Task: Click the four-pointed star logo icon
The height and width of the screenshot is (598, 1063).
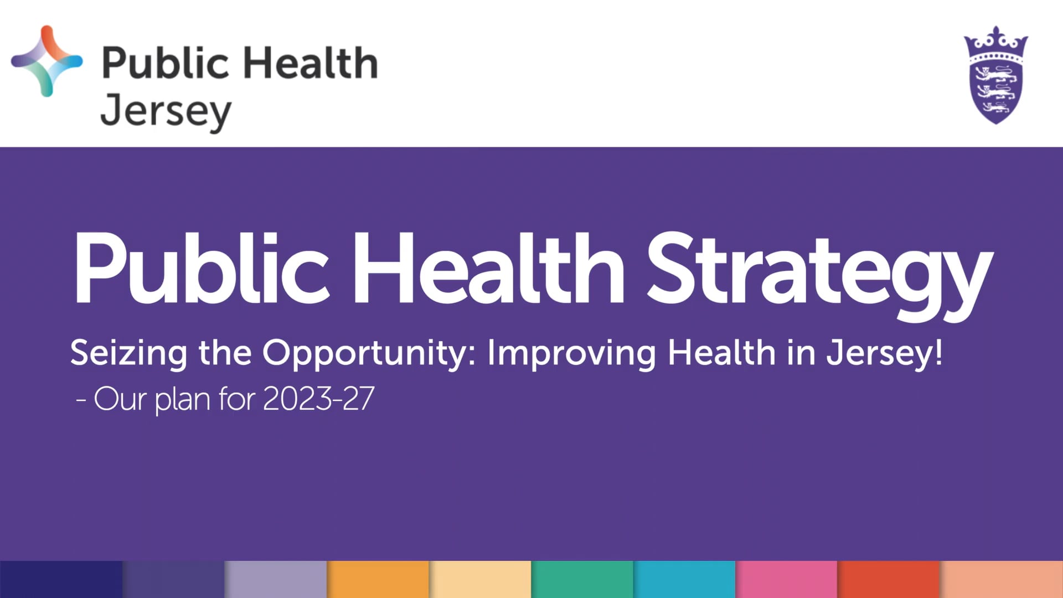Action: tap(47, 61)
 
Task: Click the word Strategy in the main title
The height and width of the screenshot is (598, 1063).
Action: tap(819, 271)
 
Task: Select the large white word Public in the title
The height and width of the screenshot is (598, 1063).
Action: tap(202, 269)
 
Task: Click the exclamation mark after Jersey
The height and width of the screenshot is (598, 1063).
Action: tap(938, 352)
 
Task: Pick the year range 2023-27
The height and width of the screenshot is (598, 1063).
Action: tap(318, 399)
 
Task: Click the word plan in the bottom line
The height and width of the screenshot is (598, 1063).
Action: tap(182, 400)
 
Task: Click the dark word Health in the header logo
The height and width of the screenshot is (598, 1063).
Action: tap(311, 63)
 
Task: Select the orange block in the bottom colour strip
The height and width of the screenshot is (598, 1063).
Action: tap(378, 579)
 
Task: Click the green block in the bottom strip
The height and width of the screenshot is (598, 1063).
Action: tap(582, 579)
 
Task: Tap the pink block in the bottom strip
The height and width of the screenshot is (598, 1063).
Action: tap(786, 579)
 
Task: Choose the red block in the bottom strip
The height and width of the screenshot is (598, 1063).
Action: tap(888, 579)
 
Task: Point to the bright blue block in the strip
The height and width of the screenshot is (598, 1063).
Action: tap(684, 579)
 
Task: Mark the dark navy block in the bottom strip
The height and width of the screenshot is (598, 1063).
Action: tap(61, 579)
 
